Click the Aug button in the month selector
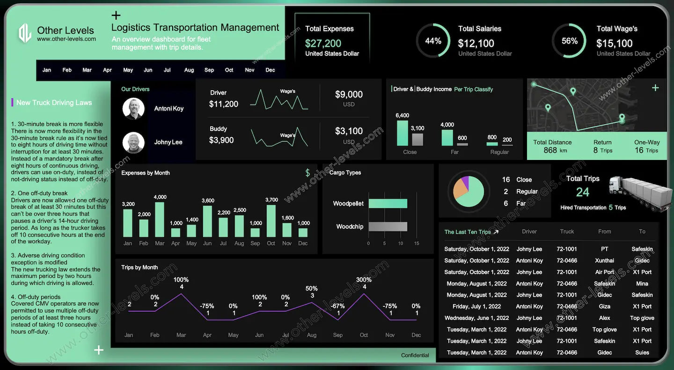click(189, 70)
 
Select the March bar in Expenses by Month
click(160, 219)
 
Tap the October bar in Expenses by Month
click(271, 221)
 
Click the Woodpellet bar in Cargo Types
click(388, 203)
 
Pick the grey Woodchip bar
click(388, 226)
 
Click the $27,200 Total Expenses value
click(323, 44)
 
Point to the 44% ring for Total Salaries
click(433, 41)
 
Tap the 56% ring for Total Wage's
click(569, 41)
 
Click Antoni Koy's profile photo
click(133, 109)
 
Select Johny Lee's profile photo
click(133, 142)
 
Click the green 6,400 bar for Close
click(403, 133)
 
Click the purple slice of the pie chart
click(465, 182)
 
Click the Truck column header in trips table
click(567, 232)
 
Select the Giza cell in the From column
click(604, 306)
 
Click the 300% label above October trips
click(364, 280)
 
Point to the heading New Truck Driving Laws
click(54, 103)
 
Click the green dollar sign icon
click(308, 173)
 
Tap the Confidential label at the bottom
click(415, 355)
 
